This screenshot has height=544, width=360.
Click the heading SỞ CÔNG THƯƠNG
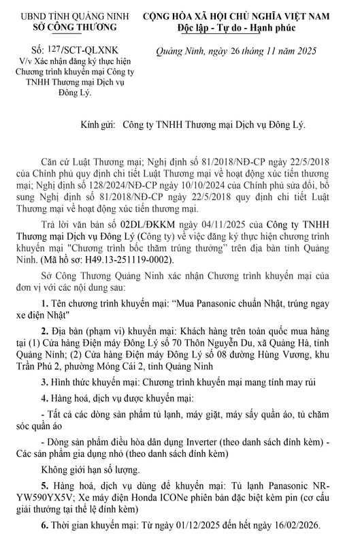69,28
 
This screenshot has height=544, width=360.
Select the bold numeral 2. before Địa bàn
44,349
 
